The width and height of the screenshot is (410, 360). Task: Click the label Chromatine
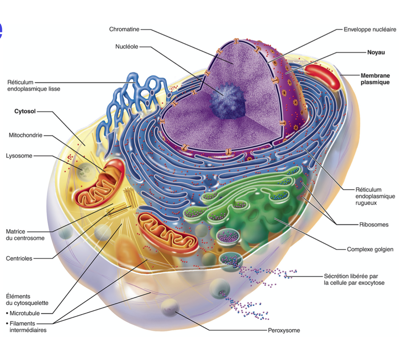124,29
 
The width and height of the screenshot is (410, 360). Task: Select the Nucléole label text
127,47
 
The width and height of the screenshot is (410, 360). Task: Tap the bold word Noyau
376,52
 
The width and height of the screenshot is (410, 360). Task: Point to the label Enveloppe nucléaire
369,29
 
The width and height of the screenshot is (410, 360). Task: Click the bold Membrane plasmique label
375,79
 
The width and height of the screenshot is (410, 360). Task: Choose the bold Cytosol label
25,111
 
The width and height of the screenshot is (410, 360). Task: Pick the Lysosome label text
19,156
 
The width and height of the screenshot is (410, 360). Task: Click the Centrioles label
19,258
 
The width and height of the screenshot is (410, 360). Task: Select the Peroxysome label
284,330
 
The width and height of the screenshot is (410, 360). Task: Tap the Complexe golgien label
370,249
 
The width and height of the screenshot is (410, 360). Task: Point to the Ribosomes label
374,224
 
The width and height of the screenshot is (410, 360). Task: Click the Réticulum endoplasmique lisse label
34,86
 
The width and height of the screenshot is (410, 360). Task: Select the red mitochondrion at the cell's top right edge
322,76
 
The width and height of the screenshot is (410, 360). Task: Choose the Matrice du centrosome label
25,235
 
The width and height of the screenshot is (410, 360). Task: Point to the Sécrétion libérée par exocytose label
354,279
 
